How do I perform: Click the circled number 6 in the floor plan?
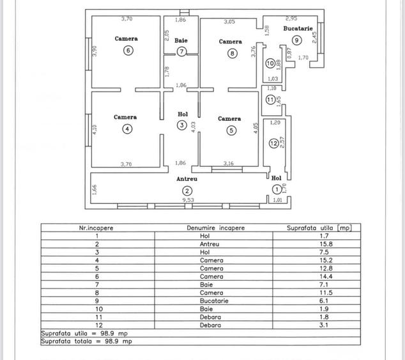(128, 51)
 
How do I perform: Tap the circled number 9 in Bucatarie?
(297, 40)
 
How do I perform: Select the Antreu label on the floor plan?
(187, 180)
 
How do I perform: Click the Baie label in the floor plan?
(181, 40)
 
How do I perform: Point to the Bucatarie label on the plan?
(298, 29)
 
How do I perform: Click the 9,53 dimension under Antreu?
(188, 200)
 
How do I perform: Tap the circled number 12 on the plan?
(273, 143)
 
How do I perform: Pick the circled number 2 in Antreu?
(187, 191)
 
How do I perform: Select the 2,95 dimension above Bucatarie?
(291, 19)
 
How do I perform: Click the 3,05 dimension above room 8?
(229, 22)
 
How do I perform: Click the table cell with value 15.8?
(312, 244)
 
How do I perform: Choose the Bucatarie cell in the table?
(211, 300)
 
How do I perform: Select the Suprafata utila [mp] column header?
(319, 228)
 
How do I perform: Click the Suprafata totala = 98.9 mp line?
(87, 341)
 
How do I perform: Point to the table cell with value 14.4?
(312, 260)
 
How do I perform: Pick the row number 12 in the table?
(96, 325)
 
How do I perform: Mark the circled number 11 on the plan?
(271, 100)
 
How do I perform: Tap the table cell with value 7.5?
(312, 252)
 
